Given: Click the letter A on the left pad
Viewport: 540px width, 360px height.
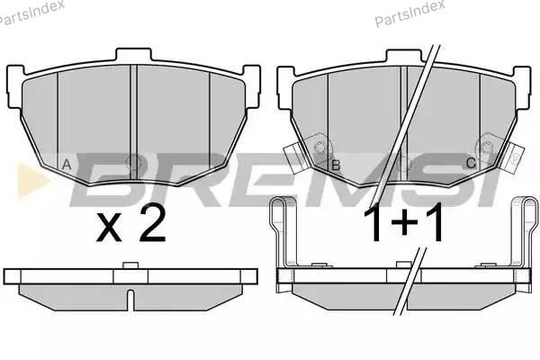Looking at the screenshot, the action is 67,165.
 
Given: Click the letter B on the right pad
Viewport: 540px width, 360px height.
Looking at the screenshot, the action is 336,166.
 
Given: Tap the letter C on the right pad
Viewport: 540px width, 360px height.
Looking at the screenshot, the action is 471,163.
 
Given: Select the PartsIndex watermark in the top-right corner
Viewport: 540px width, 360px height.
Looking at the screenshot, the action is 409,13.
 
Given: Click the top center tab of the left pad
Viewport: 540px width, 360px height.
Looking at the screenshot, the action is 133,55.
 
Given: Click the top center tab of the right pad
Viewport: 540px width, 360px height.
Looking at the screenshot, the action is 403,57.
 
